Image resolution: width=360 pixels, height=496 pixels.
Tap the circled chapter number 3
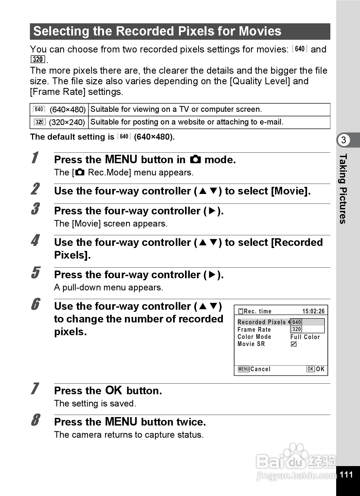click(x=343, y=140)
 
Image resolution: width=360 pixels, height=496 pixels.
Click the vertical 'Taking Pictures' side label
click(x=343, y=189)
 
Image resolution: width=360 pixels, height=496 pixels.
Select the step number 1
click(x=35, y=158)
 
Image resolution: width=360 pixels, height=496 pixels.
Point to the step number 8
click(x=35, y=420)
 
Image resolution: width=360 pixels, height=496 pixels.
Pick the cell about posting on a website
click(x=187, y=122)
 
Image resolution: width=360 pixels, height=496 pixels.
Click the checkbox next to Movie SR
click(x=294, y=344)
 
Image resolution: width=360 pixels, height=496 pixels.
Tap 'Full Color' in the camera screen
click(x=305, y=337)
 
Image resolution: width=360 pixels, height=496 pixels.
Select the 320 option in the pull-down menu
click(x=297, y=329)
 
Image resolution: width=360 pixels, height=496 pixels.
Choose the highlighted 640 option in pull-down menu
click(x=297, y=322)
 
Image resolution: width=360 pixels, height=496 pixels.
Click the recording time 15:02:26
click(x=313, y=311)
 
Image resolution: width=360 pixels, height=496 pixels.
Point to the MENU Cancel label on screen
click(x=254, y=369)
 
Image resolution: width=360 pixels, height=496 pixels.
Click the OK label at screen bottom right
click(x=315, y=369)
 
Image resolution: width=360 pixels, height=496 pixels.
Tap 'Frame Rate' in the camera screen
click(x=254, y=330)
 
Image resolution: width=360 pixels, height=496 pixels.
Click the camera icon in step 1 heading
click(x=195, y=160)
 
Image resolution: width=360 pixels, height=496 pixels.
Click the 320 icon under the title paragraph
click(x=38, y=59)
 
